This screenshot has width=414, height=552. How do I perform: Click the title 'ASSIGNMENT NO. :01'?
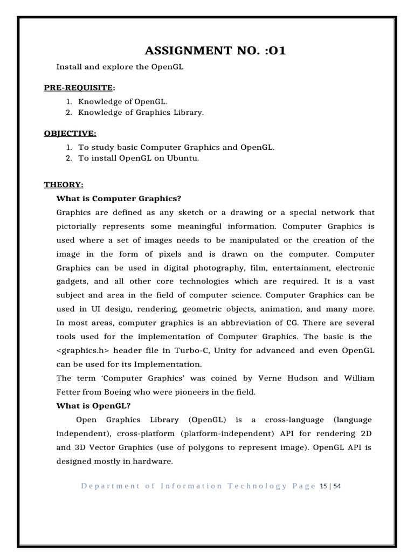[x=215, y=51]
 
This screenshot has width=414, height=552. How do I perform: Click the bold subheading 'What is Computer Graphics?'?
[x=119, y=198]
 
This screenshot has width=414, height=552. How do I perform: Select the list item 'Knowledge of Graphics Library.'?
[x=141, y=113]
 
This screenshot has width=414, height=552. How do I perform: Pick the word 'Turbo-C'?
[x=188, y=350]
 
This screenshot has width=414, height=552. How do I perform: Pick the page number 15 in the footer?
[x=323, y=486]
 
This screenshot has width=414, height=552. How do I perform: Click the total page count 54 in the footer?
[x=337, y=486]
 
